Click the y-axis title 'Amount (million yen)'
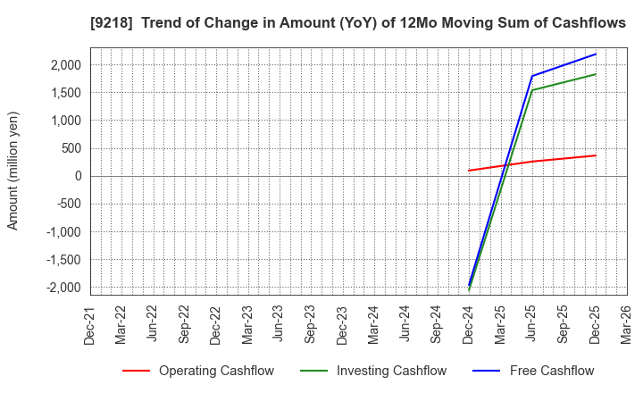click(13, 171)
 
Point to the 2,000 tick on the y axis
click(63, 64)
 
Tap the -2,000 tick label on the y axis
click(61, 288)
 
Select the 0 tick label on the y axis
click(78, 176)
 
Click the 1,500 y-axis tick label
click(63, 92)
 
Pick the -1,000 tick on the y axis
click(61, 231)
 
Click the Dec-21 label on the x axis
click(89, 322)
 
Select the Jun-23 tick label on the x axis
click(279, 322)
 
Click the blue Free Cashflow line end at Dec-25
click(596, 54)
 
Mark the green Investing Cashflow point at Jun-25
click(532, 89)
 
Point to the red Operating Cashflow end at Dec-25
click(596, 155)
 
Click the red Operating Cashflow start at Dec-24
click(469, 171)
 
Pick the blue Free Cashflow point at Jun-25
click(532, 76)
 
